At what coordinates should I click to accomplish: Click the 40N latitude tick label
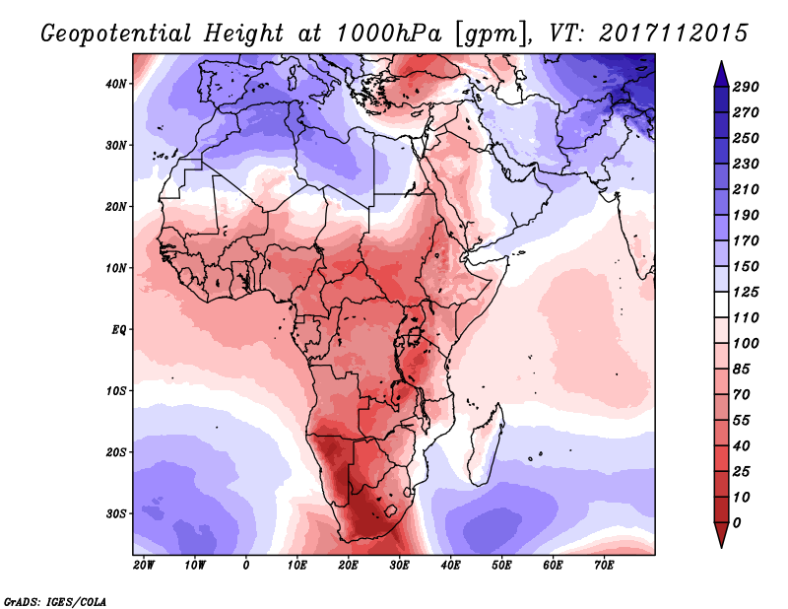(x=115, y=84)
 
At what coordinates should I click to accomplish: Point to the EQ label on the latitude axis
(x=118, y=330)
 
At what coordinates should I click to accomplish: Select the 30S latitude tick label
(x=115, y=514)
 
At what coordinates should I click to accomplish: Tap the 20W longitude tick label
(x=144, y=566)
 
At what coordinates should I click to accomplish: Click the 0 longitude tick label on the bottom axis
(x=245, y=566)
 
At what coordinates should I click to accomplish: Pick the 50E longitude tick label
(x=501, y=566)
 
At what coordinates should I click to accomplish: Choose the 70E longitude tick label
(x=604, y=566)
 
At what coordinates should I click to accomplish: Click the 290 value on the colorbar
(x=745, y=87)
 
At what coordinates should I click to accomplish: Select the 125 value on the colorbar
(x=745, y=292)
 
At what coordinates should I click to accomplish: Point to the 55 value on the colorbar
(x=742, y=421)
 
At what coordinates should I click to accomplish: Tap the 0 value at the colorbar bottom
(x=737, y=523)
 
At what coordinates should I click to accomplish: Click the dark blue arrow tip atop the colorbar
(x=721, y=61)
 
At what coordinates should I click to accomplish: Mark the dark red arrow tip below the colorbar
(x=721, y=547)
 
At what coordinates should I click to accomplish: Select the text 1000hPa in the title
(x=388, y=34)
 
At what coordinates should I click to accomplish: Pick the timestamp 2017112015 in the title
(x=673, y=34)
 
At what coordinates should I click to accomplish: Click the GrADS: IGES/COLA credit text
(x=55, y=601)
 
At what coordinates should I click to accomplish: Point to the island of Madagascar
(x=487, y=445)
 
